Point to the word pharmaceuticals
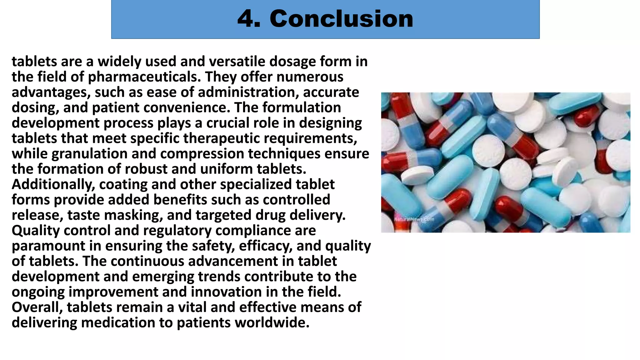(144, 77)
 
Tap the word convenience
(187, 107)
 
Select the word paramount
(48, 246)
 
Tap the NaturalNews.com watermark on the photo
(414, 219)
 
